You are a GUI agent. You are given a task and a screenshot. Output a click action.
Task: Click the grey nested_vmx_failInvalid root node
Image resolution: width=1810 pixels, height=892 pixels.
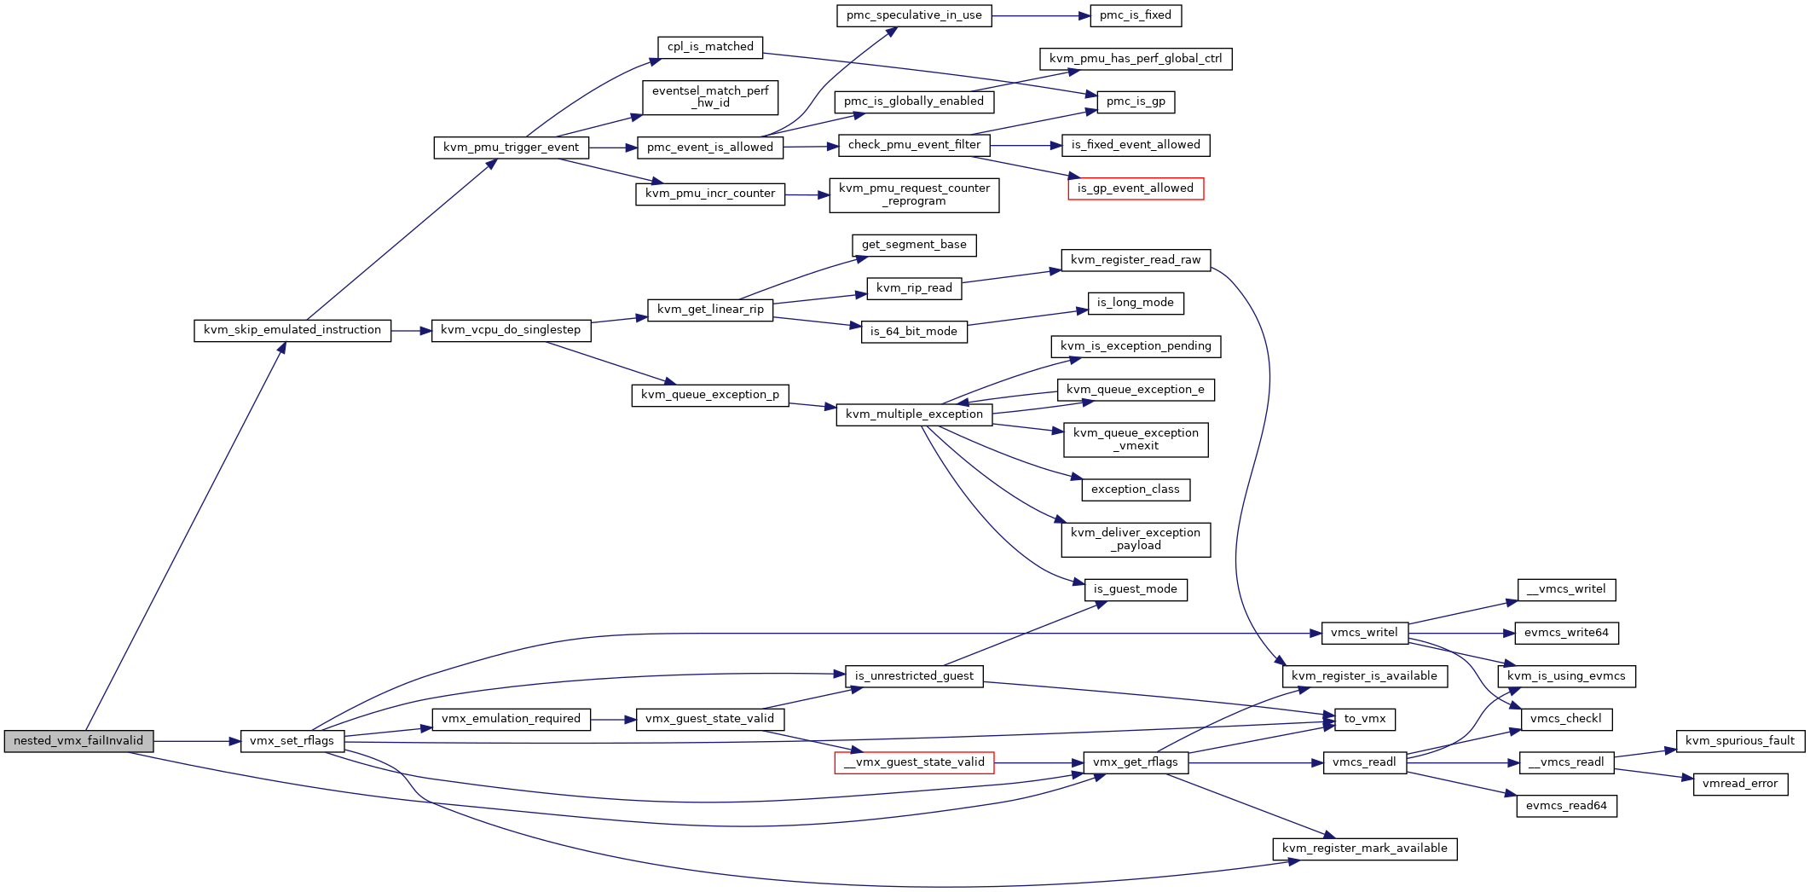78,741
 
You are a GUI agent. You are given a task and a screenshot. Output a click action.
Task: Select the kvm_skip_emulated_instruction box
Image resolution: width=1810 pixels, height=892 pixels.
292,331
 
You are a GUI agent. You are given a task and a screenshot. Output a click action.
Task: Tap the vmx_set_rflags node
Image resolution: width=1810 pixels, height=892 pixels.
292,741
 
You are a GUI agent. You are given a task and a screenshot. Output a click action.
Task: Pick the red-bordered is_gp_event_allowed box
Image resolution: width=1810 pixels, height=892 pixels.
1136,189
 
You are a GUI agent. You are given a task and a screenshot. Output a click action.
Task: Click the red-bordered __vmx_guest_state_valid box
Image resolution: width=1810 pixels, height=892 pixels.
914,763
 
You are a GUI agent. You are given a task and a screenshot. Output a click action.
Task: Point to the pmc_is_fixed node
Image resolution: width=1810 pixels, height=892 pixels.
1136,15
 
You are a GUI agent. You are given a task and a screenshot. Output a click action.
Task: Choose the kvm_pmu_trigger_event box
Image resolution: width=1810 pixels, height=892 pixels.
511,148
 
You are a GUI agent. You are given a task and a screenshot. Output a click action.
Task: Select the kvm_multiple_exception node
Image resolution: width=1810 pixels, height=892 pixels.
914,415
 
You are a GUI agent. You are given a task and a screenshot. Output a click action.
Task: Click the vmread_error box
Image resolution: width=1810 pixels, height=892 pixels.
1740,785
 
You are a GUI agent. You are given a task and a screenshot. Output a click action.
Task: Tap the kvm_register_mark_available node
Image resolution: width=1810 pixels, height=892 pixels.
1364,849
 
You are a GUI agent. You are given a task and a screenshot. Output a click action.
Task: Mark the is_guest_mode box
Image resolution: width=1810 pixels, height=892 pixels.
1136,590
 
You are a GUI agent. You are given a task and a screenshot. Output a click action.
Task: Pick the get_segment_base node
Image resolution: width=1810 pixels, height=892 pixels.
914,246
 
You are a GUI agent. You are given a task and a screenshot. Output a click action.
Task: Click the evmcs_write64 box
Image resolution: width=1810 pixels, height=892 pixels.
1566,634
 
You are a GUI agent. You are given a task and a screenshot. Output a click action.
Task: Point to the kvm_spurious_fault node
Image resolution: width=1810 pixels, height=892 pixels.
1740,741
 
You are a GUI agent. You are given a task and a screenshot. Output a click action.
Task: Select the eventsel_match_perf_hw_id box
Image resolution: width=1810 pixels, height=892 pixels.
710,97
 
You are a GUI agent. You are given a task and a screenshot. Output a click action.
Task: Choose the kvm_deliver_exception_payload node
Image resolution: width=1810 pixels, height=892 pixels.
1136,540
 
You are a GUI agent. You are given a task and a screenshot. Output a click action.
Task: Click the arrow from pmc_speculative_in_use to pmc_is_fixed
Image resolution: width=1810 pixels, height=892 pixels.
1041,15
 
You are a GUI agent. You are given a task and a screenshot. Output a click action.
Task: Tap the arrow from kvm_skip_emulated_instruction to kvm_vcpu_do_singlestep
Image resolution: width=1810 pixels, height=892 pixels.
411,331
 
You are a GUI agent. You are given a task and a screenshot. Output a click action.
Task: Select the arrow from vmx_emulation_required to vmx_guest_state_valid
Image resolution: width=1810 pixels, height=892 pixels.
613,720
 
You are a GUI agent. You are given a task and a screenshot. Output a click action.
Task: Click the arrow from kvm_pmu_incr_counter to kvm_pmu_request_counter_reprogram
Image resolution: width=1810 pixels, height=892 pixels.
807,195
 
